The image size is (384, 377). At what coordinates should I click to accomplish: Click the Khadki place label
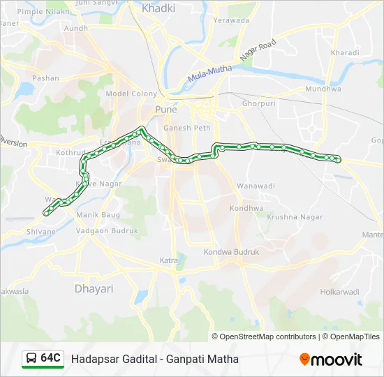(158, 8)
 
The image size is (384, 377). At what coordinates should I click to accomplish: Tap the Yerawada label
(231, 20)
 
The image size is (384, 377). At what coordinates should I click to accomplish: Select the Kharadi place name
(345, 52)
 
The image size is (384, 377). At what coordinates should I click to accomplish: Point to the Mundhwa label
(322, 89)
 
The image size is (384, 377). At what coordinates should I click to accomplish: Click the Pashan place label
(46, 78)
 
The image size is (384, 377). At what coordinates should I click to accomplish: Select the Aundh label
(76, 29)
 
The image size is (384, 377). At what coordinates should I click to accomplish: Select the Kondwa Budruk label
(231, 251)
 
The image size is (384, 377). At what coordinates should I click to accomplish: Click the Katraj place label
(170, 261)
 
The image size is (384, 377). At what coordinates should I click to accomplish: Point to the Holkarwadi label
(339, 292)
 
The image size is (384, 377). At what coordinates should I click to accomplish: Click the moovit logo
(331, 360)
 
